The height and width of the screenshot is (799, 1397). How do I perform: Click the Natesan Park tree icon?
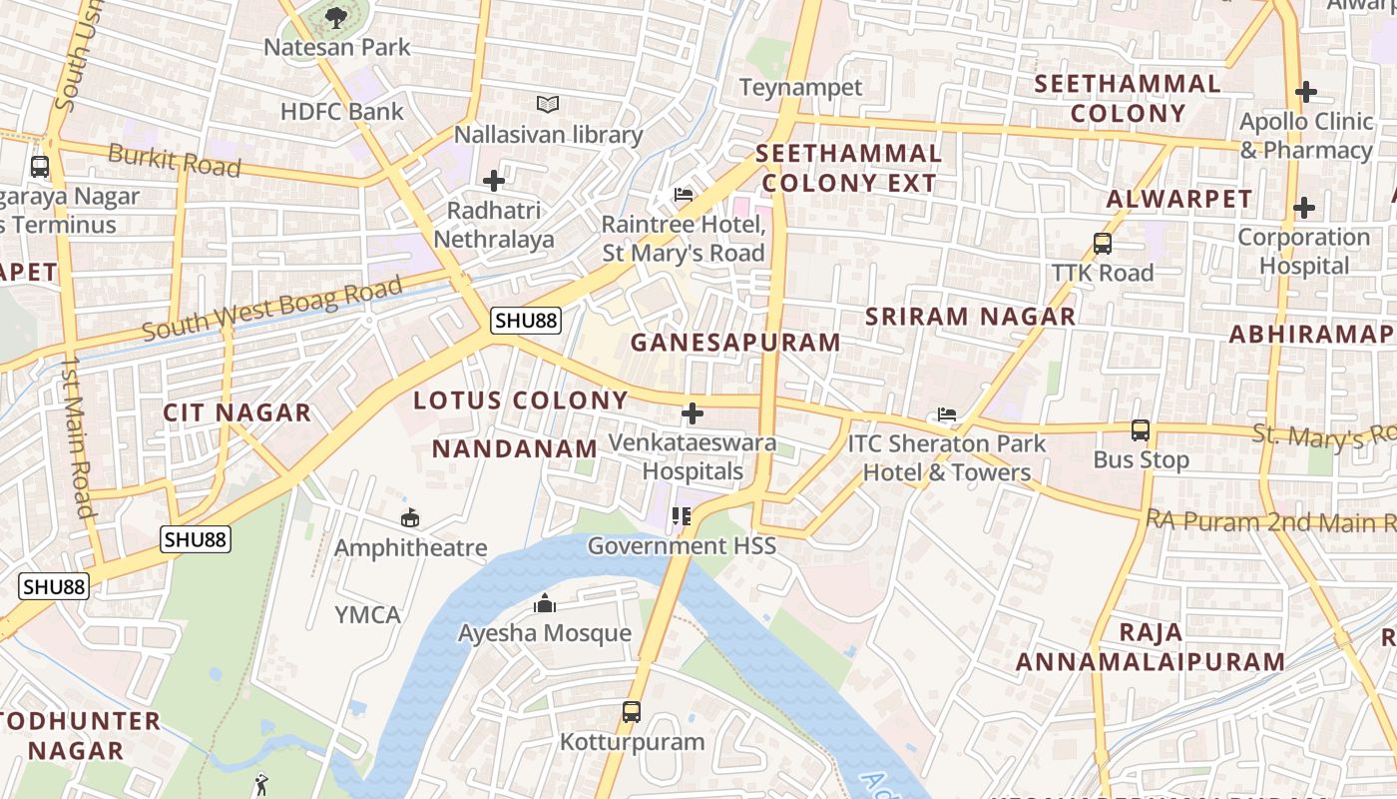335,16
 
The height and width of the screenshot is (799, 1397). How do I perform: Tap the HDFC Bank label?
341,111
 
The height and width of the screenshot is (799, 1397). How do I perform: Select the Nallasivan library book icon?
548,104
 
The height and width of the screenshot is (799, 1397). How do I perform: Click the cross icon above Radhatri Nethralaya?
493,181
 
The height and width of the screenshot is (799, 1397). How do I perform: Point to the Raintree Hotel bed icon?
684,194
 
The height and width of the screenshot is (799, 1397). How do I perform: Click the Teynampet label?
800,87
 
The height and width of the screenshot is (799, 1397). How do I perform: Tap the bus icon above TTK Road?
1103,243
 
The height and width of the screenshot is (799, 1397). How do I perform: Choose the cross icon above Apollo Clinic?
1305,92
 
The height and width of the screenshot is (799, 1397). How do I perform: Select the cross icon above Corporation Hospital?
1304,208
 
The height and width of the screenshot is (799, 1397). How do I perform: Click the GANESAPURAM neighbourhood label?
735,343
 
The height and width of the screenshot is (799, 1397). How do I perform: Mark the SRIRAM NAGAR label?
970,317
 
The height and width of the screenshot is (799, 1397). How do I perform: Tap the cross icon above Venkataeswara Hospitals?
692,412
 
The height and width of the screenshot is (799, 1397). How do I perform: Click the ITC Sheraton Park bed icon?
946,413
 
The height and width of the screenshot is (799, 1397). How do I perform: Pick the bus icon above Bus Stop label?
1141,430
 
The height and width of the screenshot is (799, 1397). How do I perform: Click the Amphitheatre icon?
409,517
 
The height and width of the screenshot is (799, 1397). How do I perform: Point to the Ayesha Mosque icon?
545,603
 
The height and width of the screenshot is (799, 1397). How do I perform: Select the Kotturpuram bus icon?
632,712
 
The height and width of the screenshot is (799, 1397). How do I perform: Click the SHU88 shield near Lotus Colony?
526,321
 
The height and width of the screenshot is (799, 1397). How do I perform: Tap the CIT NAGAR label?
237,412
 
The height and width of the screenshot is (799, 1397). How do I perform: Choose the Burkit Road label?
174,160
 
